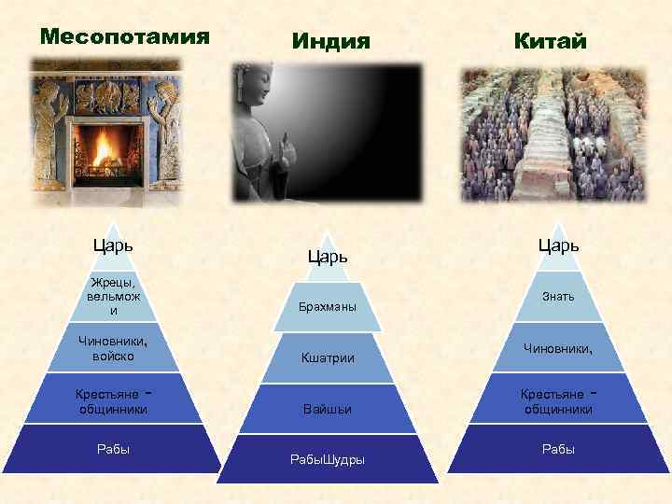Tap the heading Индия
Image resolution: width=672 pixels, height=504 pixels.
[x=330, y=42]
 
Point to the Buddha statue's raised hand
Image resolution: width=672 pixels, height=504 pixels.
[x=287, y=149]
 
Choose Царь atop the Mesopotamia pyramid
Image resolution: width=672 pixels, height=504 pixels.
[x=112, y=245]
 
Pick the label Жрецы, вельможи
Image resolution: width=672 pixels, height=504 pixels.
[x=113, y=296]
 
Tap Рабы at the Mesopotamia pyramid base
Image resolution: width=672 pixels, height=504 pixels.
[x=113, y=449]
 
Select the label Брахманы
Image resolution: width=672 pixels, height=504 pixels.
[x=328, y=307]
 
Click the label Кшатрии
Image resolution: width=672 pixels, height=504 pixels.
[x=328, y=357]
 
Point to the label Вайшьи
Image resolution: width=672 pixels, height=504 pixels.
[x=328, y=409]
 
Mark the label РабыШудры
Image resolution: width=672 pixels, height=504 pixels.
[x=328, y=459]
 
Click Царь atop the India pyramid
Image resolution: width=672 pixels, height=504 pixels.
[x=328, y=256]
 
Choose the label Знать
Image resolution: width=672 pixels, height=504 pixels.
[x=558, y=296]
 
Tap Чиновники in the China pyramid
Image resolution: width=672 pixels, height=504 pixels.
[x=558, y=348]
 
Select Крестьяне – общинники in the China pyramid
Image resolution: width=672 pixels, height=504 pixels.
[x=558, y=401]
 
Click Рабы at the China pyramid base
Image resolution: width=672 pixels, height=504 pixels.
[x=558, y=449]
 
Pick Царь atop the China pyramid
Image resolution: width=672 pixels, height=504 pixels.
[x=558, y=245]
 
